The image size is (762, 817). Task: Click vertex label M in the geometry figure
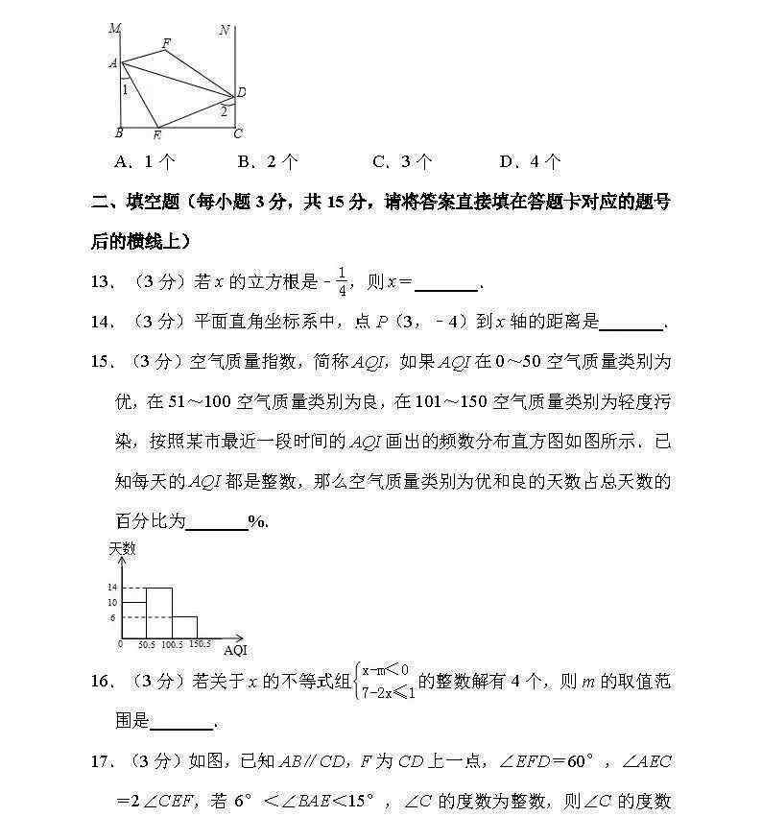tap(114, 29)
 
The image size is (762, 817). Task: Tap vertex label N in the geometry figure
tap(224, 30)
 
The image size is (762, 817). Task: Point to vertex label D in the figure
tap(241, 92)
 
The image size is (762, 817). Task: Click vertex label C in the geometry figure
tap(238, 133)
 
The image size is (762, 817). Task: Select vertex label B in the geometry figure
tap(118, 133)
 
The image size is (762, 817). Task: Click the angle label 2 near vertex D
tap(224, 110)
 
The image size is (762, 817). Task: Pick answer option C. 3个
tap(401, 161)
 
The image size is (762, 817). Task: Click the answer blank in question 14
tap(630, 323)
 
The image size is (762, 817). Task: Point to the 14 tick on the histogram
tap(111, 587)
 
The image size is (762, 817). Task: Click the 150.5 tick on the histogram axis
tap(199, 644)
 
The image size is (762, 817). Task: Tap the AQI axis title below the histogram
tap(235, 651)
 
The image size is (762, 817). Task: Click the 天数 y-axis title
tap(122, 549)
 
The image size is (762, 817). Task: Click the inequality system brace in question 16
tap(356, 682)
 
